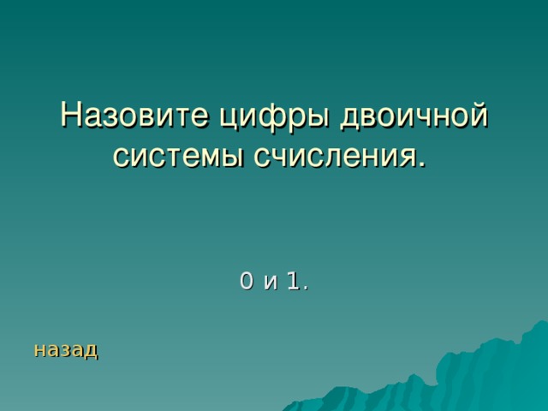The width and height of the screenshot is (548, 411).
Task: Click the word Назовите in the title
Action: point(129,115)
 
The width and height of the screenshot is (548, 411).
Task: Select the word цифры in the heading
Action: point(259,116)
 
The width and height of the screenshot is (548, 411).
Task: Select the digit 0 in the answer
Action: point(247,280)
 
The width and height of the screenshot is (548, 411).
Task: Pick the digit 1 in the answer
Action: point(293,280)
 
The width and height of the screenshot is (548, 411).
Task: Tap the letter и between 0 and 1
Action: point(271,282)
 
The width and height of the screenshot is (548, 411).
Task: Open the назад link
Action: point(66,349)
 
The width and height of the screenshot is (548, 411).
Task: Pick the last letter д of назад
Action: point(91,350)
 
